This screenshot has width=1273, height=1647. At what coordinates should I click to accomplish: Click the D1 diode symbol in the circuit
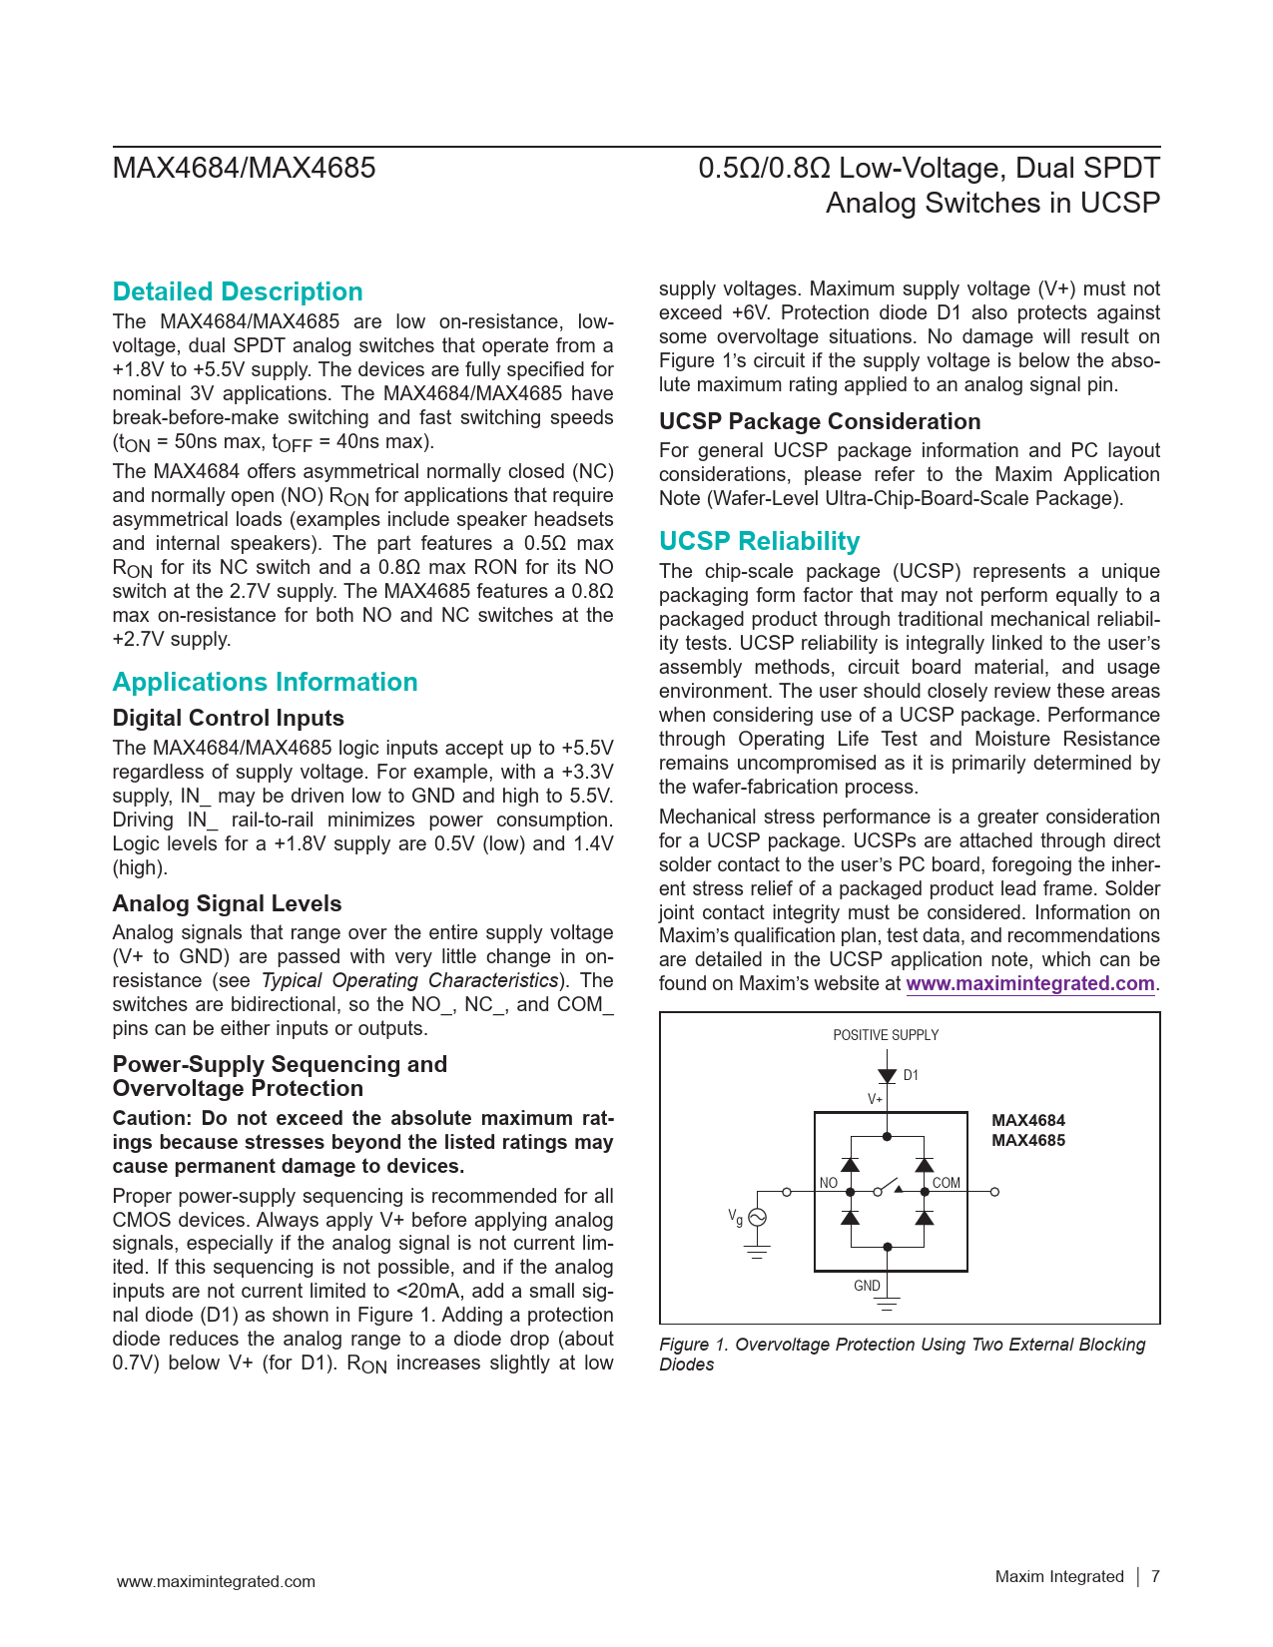pyautogui.click(x=887, y=1076)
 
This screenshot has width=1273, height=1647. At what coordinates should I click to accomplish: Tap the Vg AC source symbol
pyautogui.click(x=757, y=1218)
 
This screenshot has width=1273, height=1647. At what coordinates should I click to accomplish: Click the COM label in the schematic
pyautogui.click(x=946, y=1183)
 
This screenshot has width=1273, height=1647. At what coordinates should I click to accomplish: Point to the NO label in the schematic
pyautogui.click(x=829, y=1183)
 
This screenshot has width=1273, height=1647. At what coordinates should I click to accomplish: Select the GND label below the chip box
pyautogui.click(x=867, y=1286)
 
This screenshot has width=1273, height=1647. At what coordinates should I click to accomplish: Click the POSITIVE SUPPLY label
pyautogui.click(x=886, y=1035)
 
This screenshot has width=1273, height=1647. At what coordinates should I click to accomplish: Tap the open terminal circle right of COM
pyautogui.click(x=994, y=1192)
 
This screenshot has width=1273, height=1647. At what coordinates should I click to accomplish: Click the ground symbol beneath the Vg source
pyautogui.click(x=757, y=1252)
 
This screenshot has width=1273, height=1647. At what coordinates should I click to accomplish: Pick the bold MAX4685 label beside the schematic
pyautogui.click(x=1027, y=1141)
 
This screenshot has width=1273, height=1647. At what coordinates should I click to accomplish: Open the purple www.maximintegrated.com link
pyautogui.click(x=1029, y=983)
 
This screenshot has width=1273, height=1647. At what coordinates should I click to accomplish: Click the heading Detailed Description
pyautogui.click(x=238, y=291)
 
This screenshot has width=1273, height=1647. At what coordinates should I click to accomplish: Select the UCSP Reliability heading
pyautogui.click(x=759, y=541)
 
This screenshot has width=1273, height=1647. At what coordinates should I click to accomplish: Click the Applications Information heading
pyautogui.click(x=265, y=682)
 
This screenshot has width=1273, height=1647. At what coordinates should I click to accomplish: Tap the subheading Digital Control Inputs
pyautogui.click(x=228, y=718)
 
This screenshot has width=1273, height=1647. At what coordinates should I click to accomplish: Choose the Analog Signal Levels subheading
pyautogui.click(x=227, y=903)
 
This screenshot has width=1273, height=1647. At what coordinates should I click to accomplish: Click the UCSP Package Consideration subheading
pyautogui.click(x=820, y=421)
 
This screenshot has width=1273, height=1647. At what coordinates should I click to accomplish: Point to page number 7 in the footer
pyautogui.click(x=1155, y=1576)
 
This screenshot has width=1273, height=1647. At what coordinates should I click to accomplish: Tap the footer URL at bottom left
pyautogui.click(x=216, y=1581)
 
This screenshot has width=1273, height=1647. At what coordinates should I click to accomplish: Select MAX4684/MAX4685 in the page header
pyautogui.click(x=244, y=168)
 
